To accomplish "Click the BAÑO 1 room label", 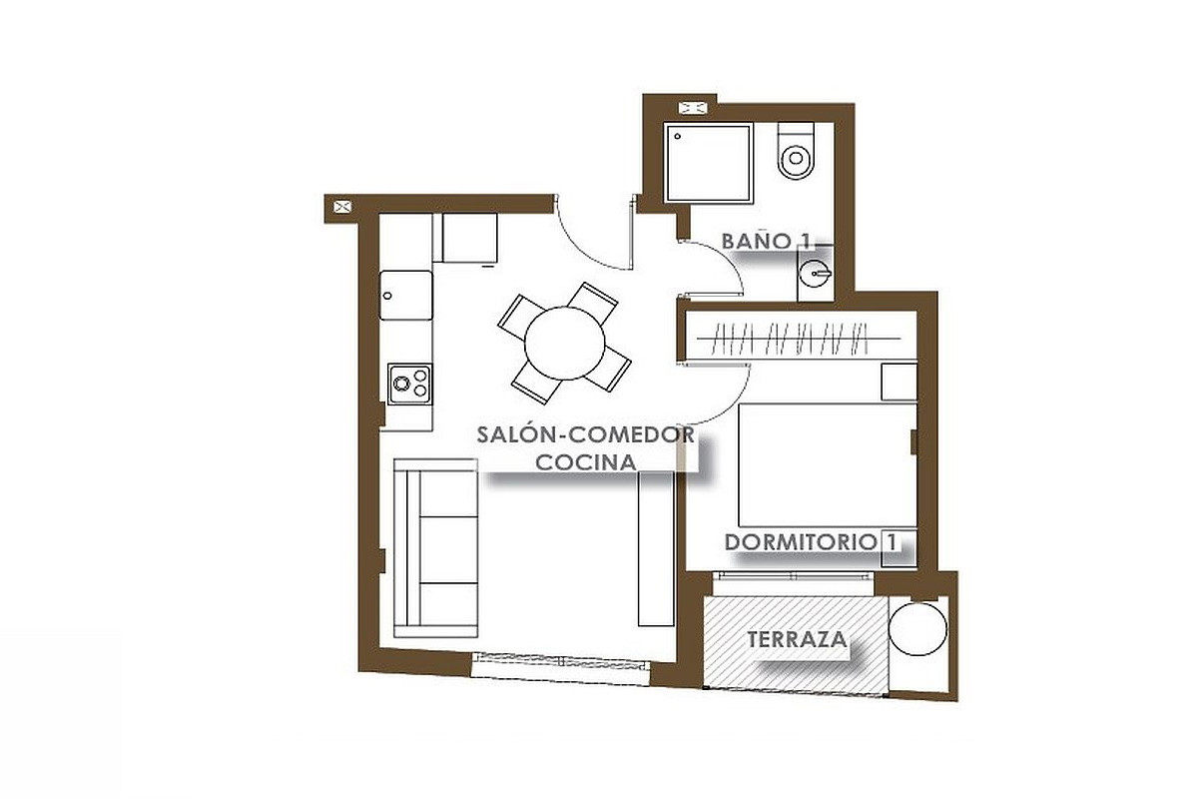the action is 766,242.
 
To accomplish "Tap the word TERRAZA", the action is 797,639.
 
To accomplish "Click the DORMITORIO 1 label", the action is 811,542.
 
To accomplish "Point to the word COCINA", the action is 586,462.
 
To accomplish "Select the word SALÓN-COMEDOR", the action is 586,434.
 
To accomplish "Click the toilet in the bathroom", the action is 796,151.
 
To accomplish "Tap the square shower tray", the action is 708,163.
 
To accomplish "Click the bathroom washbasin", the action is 815,274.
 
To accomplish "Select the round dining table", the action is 564,343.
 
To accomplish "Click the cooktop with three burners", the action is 409,385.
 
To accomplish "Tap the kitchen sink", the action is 406,296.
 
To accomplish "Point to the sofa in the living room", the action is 435,548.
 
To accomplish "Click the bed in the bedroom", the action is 828,465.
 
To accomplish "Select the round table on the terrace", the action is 917,629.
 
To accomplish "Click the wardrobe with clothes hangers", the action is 801,336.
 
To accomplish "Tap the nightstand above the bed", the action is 899,382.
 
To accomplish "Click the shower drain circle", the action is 678,137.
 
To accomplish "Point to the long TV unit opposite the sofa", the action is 656,549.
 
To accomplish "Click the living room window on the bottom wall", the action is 560,668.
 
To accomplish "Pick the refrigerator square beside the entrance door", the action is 470,238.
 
